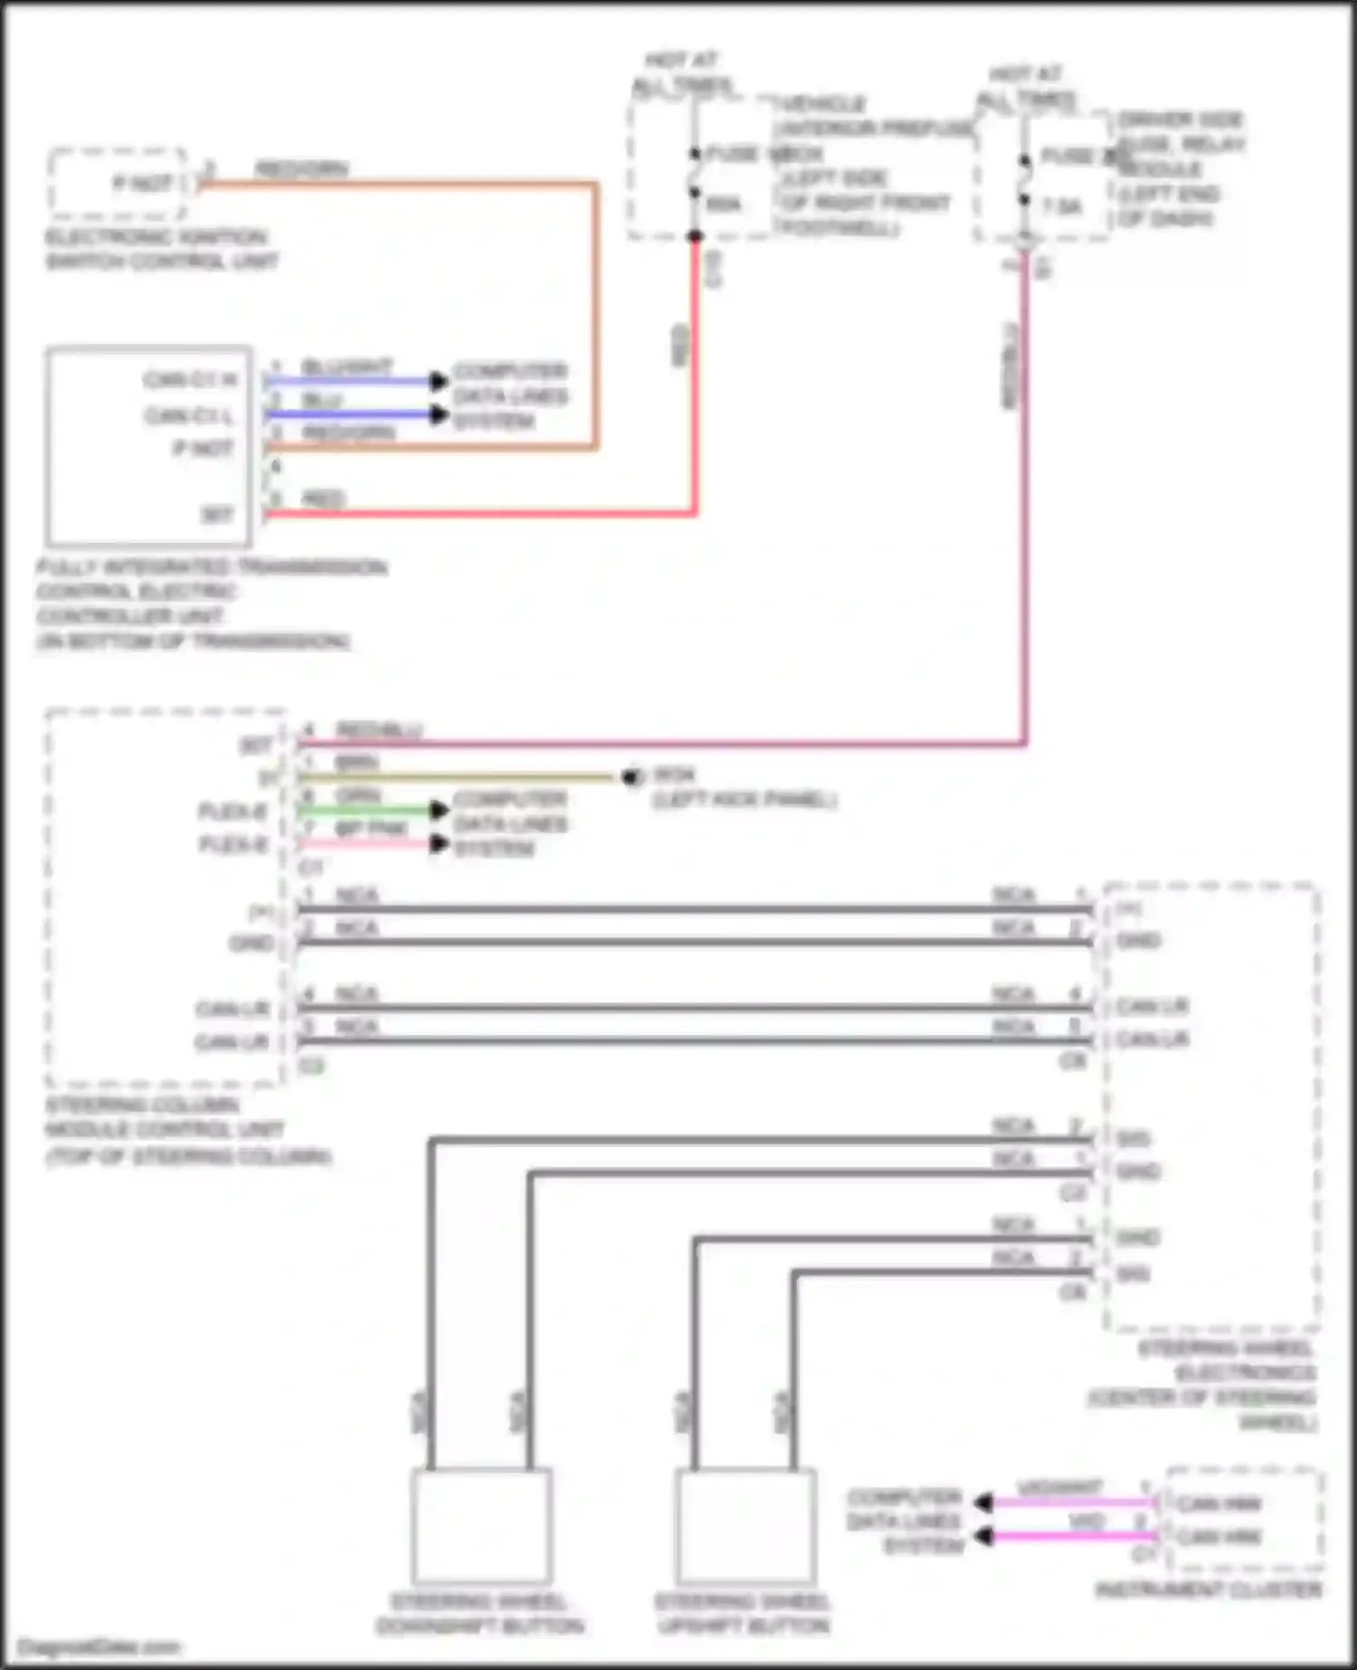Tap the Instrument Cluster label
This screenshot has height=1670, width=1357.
(1209, 1589)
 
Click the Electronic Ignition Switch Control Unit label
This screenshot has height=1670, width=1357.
(161, 250)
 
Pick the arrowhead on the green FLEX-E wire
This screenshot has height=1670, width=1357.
(439, 810)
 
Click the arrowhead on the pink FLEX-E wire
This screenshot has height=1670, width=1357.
(439, 844)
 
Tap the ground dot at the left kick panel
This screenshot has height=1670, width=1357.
(631, 776)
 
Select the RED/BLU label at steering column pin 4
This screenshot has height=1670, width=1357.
(379, 729)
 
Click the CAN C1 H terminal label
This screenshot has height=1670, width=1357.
(190, 380)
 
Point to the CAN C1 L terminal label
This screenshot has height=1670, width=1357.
(190, 415)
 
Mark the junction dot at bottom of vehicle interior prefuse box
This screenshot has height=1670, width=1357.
(695, 237)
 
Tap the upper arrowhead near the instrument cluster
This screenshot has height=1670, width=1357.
(984, 1503)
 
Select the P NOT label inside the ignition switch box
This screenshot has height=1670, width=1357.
(142, 184)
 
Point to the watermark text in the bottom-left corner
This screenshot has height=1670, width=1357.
(100, 1646)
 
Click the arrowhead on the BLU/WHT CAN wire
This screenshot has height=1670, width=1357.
(439, 381)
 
